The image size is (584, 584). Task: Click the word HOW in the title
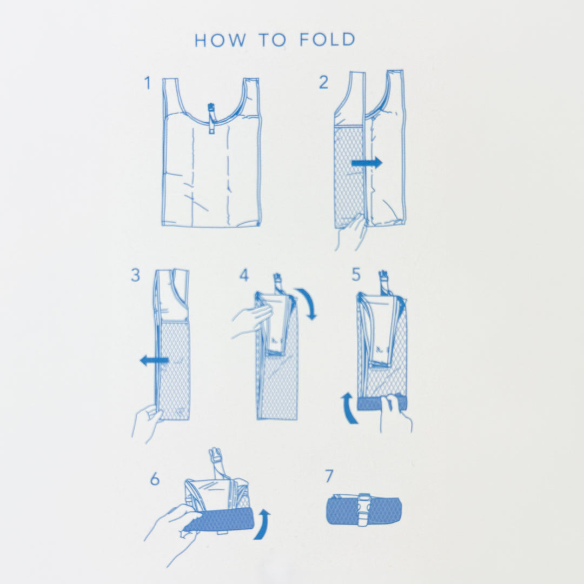220,40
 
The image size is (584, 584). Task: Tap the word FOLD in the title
327,39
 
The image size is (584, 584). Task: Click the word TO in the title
273,40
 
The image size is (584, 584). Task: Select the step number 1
148,83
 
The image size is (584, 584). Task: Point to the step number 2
323,82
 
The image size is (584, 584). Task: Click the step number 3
136,275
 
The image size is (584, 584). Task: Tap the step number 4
244,275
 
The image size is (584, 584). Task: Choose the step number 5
356,275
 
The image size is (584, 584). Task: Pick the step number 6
155,479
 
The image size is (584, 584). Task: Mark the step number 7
329,476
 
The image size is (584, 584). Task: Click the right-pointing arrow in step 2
367,162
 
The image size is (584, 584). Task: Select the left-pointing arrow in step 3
154,360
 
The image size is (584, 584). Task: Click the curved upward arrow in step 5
349,408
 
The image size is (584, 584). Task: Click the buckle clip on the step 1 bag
211,118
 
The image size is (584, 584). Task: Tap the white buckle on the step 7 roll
364,509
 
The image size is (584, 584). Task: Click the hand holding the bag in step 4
252,320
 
